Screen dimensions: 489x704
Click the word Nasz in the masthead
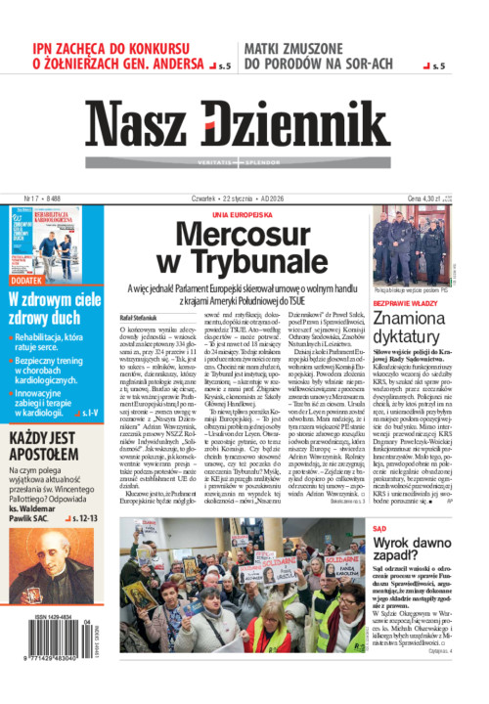[x=138, y=124]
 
